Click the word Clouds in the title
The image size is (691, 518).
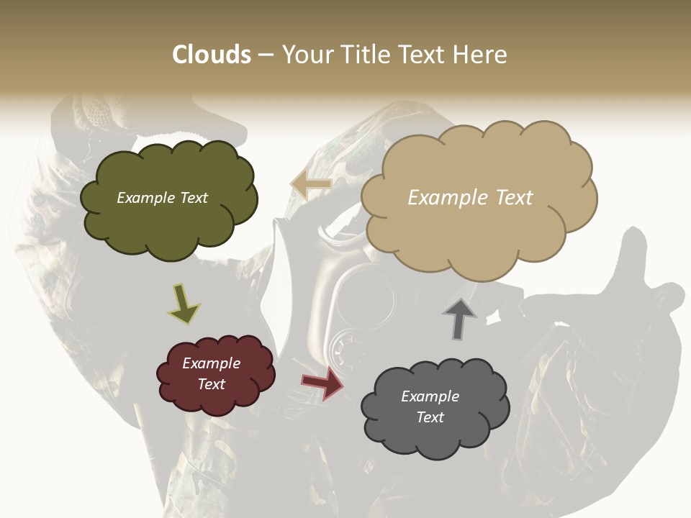coord(211,55)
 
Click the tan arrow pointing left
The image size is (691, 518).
coord(311,185)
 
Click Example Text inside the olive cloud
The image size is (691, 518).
coord(162,198)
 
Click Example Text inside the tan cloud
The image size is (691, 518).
coord(470,197)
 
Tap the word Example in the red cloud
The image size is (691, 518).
coord(211,363)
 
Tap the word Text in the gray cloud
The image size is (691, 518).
coord(430,417)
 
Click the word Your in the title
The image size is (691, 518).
coord(307,55)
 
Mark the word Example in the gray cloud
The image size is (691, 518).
coord(430,396)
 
